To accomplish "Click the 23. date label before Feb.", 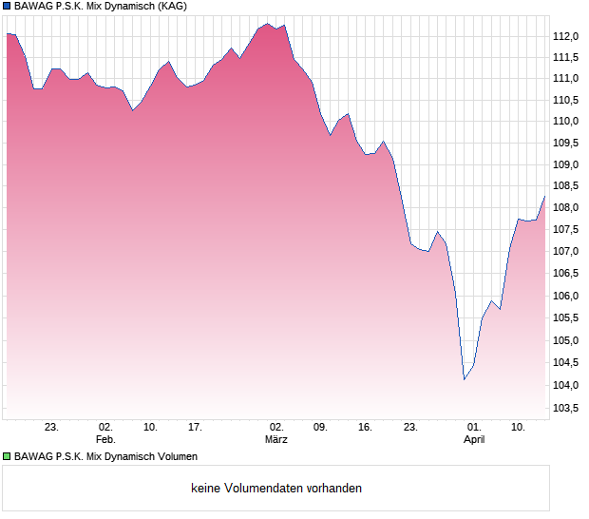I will [x=52, y=428].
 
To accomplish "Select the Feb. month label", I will [x=105, y=440].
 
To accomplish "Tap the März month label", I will [x=276, y=440].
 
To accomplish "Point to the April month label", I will [x=473, y=440].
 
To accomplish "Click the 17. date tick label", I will [x=195, y=428].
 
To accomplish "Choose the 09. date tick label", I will [x=320, y=428].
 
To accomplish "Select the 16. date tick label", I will [x=365, y=428].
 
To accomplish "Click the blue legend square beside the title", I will [x=8, y=6].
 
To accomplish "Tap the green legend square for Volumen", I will [x=8, y=457].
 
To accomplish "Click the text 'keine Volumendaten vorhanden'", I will [x=276, y=489].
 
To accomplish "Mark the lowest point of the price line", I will [x=464, y=379].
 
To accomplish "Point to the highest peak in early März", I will [x=267, y=24].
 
